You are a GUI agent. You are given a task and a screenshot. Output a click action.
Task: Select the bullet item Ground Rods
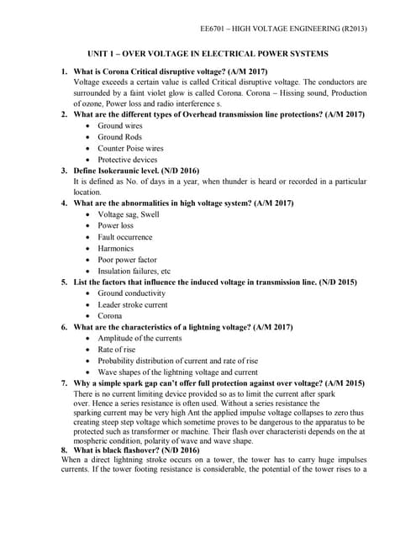click(x=119, y=136)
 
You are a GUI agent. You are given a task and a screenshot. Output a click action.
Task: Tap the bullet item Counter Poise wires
click(x=130, y=148)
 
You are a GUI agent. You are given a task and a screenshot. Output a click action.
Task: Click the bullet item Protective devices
click(x=127, y=159)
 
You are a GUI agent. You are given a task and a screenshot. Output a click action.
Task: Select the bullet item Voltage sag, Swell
click(x=128, y=214)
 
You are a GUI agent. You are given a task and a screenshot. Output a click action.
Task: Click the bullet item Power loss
click(x=115, y=226)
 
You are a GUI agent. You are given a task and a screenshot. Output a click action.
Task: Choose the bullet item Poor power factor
click(x=127, y=260)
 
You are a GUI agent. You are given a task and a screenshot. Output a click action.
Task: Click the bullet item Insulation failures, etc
click(x=134, y=272)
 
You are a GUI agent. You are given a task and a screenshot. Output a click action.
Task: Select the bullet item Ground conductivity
click(x=131, y=293)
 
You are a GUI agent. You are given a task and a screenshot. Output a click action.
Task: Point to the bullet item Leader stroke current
click(x=132, y=304)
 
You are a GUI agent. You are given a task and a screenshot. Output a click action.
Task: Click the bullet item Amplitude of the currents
click(x=139, y=338)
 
